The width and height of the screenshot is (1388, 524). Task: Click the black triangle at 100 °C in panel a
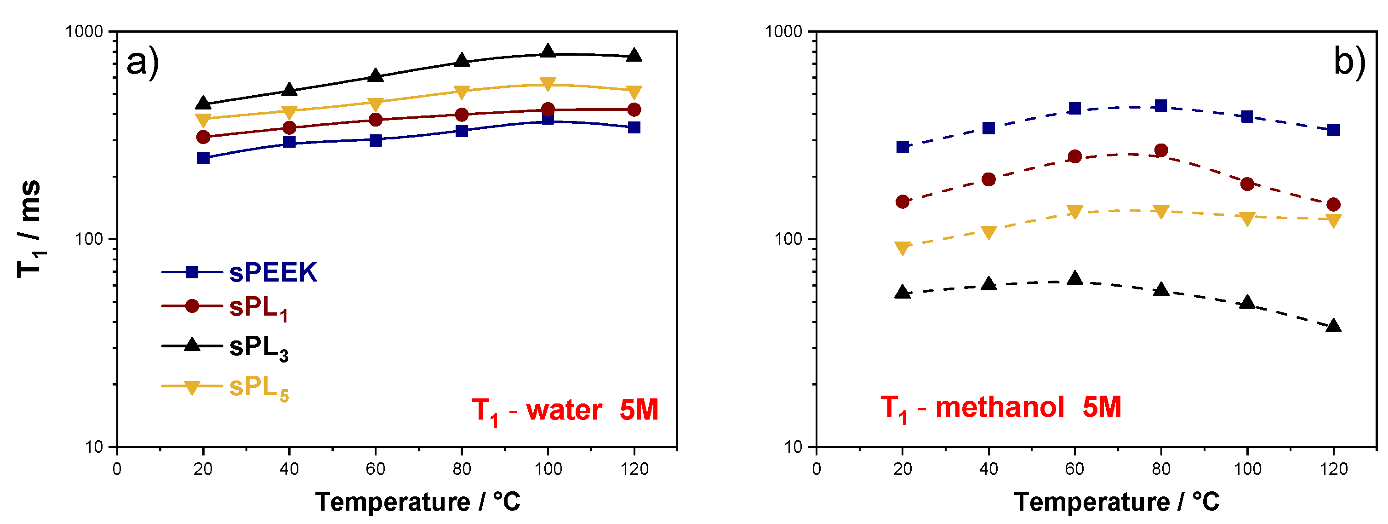tap(548, 51)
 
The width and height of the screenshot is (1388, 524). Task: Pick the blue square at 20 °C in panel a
tap(203, 158)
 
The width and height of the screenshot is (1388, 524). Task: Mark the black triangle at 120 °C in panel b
tap(1333, 326)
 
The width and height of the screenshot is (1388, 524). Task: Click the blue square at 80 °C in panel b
tap(1161, 106)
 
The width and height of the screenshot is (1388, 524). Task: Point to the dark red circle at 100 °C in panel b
tap(1247, 184)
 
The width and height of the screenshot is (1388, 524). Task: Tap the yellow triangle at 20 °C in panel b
tap(902, 248)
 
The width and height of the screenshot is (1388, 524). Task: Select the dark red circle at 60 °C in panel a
tap(376, 119)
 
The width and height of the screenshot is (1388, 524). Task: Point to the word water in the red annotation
tap(564, 410)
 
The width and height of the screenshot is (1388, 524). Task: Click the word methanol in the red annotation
tap(1000, 407)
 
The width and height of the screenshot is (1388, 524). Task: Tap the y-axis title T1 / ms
tap(29, 229)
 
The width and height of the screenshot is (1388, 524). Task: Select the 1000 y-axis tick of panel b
tap(783, 31)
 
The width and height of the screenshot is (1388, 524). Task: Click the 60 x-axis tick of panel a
tap(376, 468)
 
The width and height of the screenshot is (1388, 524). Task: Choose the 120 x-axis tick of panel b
tap(1333, 468)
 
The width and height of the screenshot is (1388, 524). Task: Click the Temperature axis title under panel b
tap(1116, 502)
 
